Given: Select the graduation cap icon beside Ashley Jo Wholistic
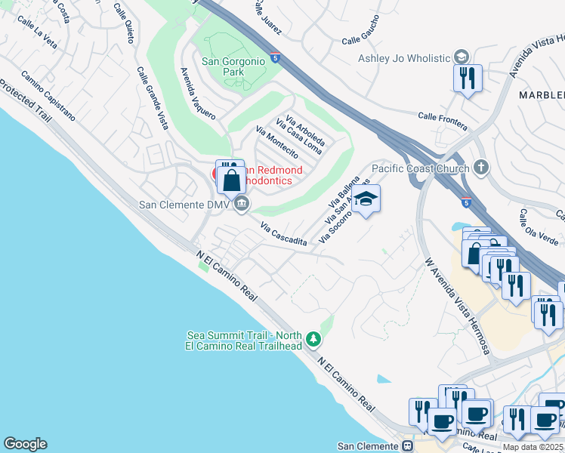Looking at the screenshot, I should [x=460, y=57].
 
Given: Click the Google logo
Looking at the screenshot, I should [x=25, y=444].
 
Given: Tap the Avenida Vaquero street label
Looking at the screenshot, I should [x=197, y=94].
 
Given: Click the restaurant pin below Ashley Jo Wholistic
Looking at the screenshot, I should [x=468, y=79].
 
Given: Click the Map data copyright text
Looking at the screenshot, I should [x=533, y=447].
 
